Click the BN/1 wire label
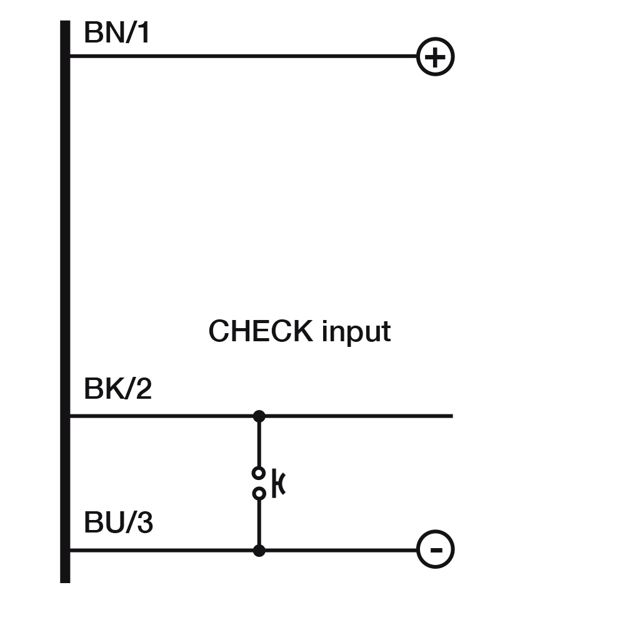point(117,32)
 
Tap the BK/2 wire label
point(117,389)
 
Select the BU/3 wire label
point(118,522)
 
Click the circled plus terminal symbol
point(435,57)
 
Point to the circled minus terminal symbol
point(435,550)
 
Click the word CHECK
point(261,331)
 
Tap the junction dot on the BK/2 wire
point(259,416)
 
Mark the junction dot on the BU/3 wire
point(259,551)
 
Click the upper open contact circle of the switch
point(259,472)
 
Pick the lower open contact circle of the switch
point(259,494)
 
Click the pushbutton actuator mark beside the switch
point(279,484)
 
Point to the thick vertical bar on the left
point(65,300)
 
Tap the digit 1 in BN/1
point(144,32)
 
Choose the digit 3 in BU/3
point(144,522)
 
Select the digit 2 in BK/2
point(144,389)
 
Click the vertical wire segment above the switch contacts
point(259,441)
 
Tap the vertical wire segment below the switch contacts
point(259,522)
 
